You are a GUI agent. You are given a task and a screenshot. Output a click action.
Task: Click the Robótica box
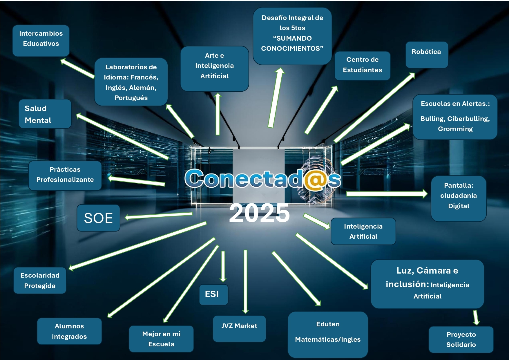point(426,55)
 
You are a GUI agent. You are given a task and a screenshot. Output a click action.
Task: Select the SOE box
point(98,218)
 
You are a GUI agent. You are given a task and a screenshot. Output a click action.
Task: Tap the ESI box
point(213,294)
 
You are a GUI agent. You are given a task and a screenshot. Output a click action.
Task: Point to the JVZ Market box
point(239,328)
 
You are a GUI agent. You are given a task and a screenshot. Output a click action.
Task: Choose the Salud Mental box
point(45,114)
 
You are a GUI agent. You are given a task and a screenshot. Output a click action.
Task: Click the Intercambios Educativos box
point(41,40)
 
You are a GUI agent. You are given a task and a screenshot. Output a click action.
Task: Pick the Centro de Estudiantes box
point(362,66)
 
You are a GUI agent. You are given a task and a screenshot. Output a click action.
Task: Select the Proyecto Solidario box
point(461,339)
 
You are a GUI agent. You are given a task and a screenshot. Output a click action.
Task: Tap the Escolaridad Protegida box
point(40,281)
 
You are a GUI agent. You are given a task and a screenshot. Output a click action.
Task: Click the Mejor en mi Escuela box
point(161,339)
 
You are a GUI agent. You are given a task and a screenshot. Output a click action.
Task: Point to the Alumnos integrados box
point(69,331)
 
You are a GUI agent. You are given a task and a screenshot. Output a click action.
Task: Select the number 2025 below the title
point(259,213)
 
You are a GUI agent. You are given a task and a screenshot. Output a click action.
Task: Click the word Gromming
point(455,129)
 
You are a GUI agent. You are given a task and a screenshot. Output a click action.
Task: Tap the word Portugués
point(131,98)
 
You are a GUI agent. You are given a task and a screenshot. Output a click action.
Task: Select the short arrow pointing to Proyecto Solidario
point(476,317)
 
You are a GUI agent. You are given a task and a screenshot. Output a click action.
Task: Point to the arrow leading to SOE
point(159,216)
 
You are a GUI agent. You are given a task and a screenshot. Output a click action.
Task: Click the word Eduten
point(328,324)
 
